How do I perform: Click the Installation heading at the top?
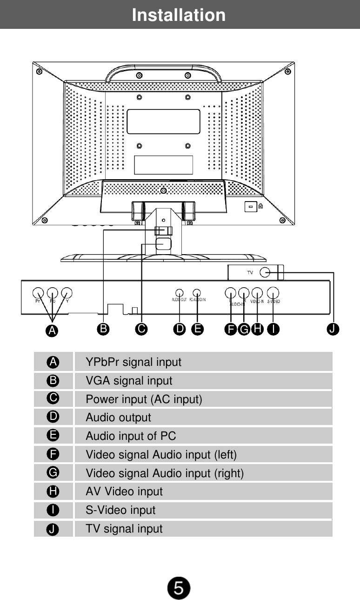(x=179, y=15)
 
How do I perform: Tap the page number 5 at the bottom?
(x=179, y=588)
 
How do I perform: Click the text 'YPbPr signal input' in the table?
(x=133, y=362)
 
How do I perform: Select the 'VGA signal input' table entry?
(x=129, y=381)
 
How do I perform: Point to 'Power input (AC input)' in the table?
(x=143, y=399)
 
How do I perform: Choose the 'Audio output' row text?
(x=118, y=418)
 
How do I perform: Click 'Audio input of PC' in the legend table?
(x=131, y=436)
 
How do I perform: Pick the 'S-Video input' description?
(x=120, y=510)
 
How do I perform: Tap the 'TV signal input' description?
(x=124, y=529)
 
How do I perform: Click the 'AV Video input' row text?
(x=124, y=492)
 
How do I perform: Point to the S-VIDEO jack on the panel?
(x=273, y=293)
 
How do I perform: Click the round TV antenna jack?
(x=266, y=273)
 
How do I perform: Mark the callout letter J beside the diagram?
(x=333, y=329)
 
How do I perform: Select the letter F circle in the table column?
(x=53, y=454)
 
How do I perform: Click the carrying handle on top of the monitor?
(x=163, y=70)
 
